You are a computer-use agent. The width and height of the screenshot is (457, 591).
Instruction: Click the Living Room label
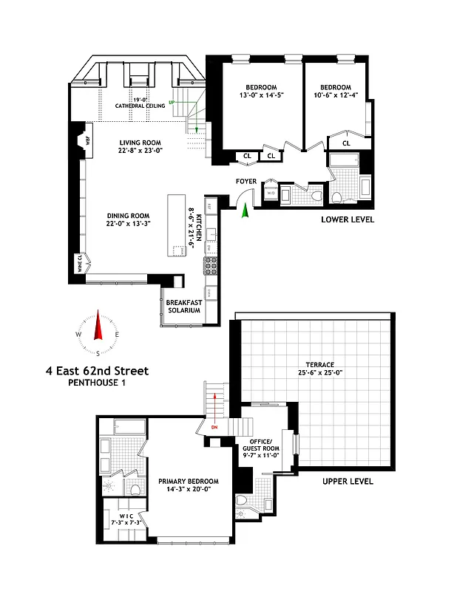pyautogui.click(x=141, y=143)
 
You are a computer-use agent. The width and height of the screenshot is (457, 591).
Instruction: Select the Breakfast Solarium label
pyautogui.click(x=183, y=306)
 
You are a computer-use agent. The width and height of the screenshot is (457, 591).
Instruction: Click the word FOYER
pyautogui.click(x=246, y=181)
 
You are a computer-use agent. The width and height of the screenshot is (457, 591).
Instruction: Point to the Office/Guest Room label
pyautogui.click(x=260, y=448)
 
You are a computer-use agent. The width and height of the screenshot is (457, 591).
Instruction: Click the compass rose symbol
pyautogui.click(x=97, y=333)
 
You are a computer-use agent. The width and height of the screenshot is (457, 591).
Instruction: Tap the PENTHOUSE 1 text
pyautogui.click(x=97, y=383)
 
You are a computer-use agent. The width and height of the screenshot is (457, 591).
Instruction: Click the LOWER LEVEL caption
pyautogui.click(x=348, y=220)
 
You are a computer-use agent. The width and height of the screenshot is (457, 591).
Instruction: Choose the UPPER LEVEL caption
pyautogui.click(x=348, y=482)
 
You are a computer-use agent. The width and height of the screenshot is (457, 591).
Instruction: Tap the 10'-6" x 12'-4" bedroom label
pyautogui.click(x=336, y=90)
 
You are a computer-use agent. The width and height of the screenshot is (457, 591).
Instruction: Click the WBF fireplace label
pyautogui.click(x=87, y=138)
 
